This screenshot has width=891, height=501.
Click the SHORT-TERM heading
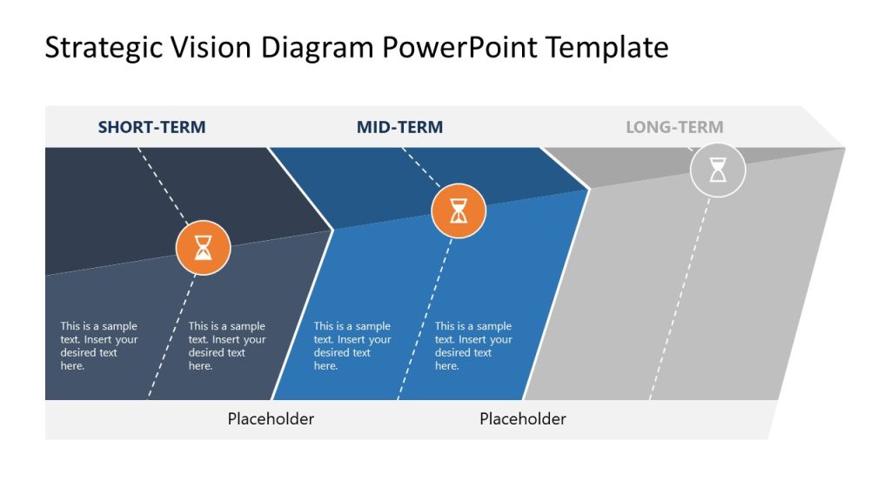click(151, 127)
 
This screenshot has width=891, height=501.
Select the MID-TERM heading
click(399, 127)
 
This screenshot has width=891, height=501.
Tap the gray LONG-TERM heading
click(674, 127)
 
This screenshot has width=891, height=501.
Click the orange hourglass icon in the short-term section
click(203, 248)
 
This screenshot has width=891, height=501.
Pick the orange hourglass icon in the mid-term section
click(459, 210)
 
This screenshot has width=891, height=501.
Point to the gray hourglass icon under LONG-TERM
click(718, 170)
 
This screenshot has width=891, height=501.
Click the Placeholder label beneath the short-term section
click(271, 418)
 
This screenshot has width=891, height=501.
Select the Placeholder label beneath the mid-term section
click(522, 418)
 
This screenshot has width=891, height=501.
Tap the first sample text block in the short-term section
click(98, 346)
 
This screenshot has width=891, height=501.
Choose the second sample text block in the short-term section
click(227, 346)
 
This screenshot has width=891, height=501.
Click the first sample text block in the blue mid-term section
click(352, 346)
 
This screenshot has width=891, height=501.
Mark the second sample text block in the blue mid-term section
click(473, 346)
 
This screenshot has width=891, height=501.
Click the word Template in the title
click(607, 47)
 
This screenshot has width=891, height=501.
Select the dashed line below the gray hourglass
click(683, 296)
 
